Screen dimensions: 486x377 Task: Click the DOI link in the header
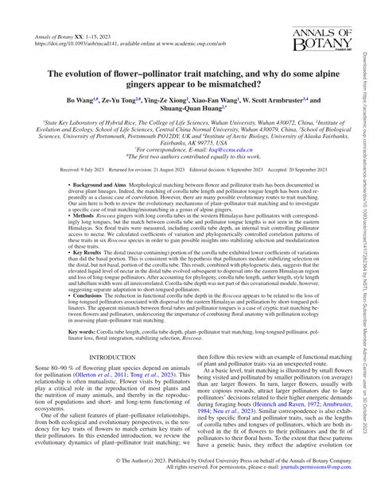click(75, 44)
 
